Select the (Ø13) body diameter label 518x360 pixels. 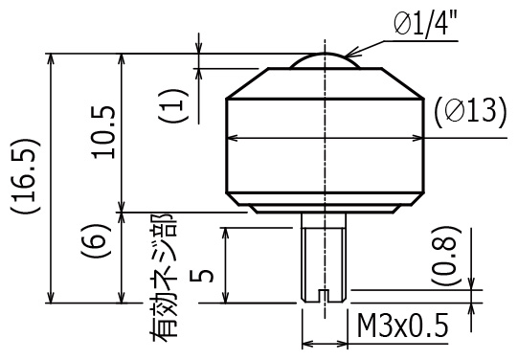point(470,112)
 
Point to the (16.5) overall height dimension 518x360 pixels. point(26,176)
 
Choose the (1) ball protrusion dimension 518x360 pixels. point(173,105)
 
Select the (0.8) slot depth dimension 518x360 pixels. point(446,256)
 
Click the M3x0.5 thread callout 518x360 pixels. point(402,326)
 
